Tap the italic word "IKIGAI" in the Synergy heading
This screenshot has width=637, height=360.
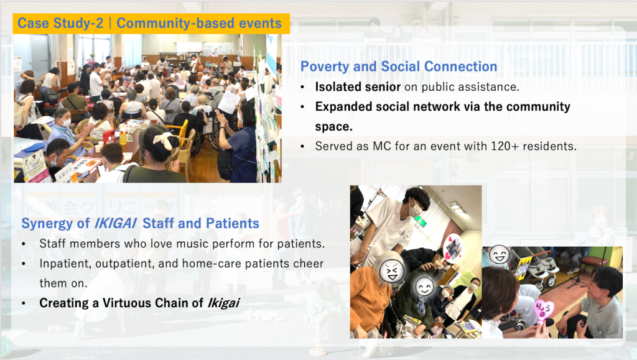116,223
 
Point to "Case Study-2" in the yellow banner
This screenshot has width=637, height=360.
60,24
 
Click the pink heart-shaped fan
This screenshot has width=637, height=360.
543,313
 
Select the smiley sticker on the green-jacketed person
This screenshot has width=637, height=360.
425,287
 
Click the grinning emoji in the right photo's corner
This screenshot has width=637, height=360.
499,255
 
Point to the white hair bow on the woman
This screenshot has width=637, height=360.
164,140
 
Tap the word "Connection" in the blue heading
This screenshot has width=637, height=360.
461,67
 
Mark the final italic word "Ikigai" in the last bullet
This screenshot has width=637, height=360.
223,303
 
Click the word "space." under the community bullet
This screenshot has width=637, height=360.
334,127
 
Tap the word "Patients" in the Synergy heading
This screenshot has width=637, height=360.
233,223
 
